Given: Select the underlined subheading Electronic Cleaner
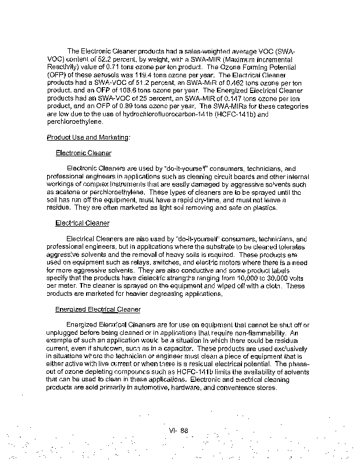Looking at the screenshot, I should pyautogui.click(x=84, y=153).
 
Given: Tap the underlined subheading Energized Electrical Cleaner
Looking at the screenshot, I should pyautogui.click(x=98, y=309).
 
